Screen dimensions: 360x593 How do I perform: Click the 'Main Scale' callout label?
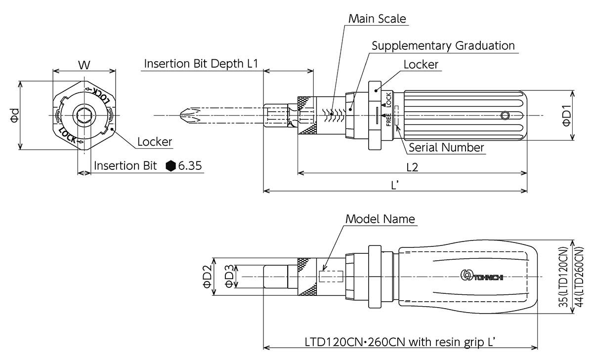[x=377, y=19]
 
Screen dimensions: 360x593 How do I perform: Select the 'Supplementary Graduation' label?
[x=443, y=46]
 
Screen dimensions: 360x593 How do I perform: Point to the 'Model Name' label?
[x=380, y=219]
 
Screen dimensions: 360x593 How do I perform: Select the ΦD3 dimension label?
[x=230, y=277]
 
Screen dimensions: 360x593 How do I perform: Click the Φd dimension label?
[x=14, y=115]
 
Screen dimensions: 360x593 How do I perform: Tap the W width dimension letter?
[x=85, y=64]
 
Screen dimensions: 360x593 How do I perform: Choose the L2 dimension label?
[x=412, y=167]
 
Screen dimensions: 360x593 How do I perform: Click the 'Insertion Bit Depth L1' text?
[x=201, y=64]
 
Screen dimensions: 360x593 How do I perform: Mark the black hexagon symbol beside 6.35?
[x=171, y=166]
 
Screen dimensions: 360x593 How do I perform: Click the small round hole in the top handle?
[x=505, y=116]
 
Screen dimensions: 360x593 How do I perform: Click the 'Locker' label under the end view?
[x=154, y=142]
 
